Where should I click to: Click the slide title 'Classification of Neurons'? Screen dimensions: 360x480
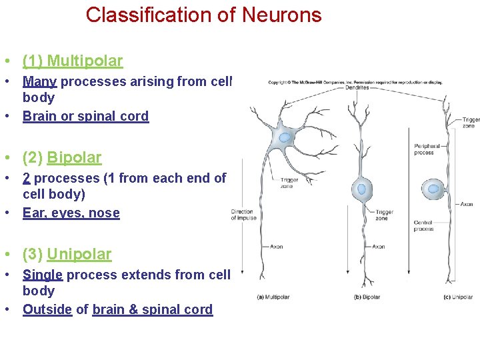(x=203, y=15)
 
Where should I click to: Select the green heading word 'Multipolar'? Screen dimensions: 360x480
(x=85, y=61)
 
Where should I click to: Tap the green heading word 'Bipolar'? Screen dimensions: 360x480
(x=74, y=158)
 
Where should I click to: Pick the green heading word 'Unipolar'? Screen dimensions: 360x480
(x=79, y=255)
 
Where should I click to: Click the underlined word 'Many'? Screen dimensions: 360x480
(x=40, y=81)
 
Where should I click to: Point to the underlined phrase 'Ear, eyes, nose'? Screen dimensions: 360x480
(x=71, y=213)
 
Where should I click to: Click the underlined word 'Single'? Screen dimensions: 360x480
(x=43, y=275)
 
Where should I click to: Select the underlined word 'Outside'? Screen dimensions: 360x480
(x=47, y=309)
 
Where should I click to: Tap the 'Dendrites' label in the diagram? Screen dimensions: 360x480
(x=357, y=88)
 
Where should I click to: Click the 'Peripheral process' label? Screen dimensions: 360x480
(x=427, y=149)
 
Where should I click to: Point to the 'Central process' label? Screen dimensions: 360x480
(x=423, y=225)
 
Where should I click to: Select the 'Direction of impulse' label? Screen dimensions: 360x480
(x=243, y=215)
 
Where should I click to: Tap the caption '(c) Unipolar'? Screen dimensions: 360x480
(x=458, y=297)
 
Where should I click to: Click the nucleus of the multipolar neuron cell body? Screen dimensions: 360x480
(x=285, y=138)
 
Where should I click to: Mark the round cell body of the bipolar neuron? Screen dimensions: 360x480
(x=363, y=189)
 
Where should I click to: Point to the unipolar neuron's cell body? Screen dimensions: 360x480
(x=434, y=189)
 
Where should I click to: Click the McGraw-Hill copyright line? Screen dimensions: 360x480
(x=355, y=82)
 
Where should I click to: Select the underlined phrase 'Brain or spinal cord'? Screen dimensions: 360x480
(x=85, y=116)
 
